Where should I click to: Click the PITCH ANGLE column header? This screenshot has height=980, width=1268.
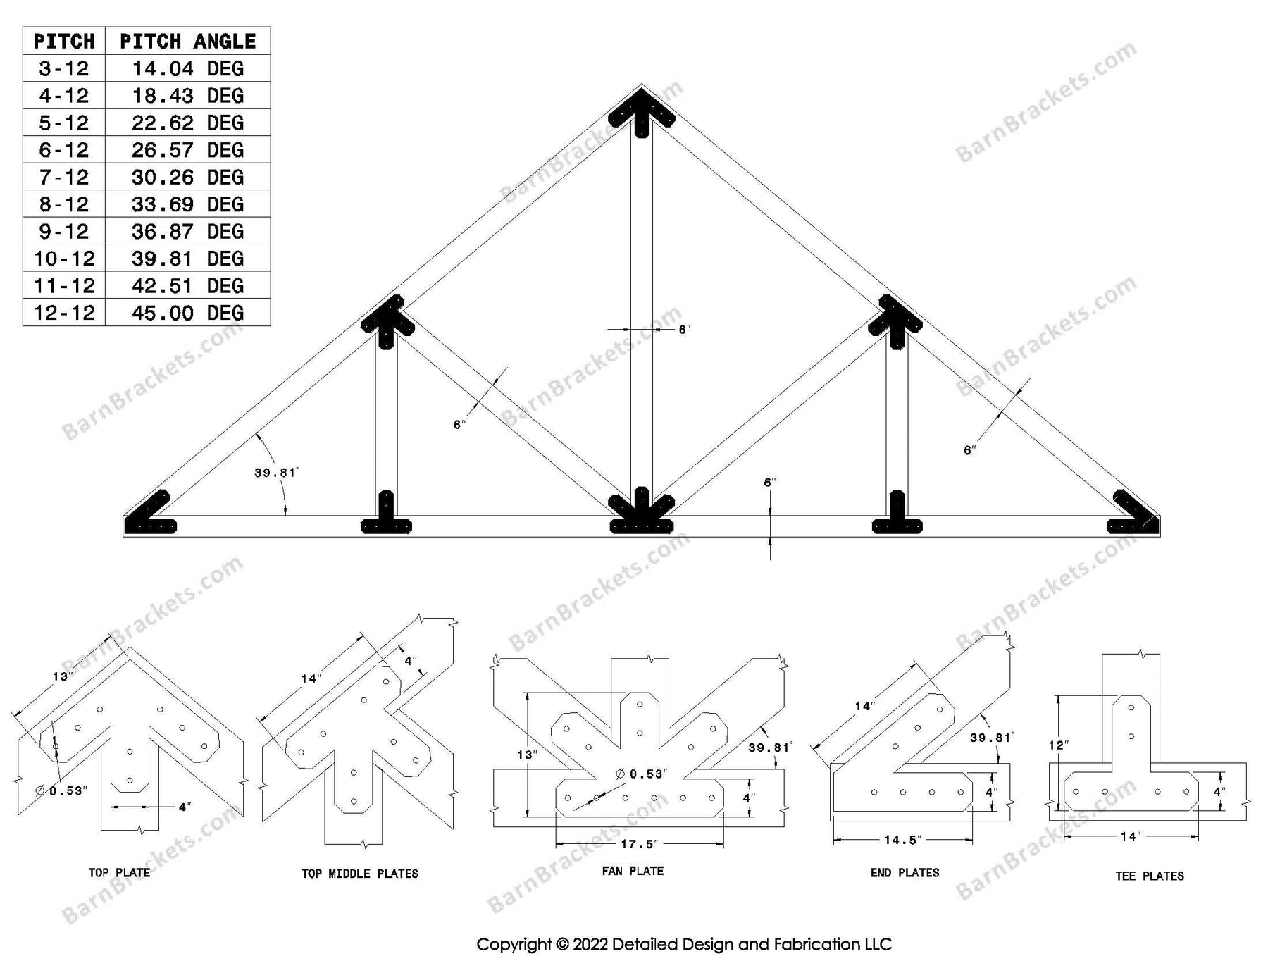click(187, 42)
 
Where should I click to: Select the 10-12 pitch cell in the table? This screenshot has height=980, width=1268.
click(64, 259)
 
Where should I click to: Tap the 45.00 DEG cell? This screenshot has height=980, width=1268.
click(187, 313)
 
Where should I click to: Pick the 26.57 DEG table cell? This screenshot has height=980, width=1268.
click(187, 150)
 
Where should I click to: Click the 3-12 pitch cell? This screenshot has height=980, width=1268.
click(64, 69)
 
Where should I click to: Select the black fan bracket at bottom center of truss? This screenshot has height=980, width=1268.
click(641, 513)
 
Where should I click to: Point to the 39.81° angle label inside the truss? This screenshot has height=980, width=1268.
click(275, 473)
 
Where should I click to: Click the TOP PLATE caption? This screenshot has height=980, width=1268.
click(119, 873)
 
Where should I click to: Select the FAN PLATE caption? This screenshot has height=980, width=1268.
click(633, 872)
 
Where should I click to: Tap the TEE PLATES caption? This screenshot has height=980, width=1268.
click(1150, 876)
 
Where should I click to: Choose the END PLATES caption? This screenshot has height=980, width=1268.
click(905, 873)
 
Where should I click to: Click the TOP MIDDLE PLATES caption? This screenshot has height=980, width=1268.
click(360, 874)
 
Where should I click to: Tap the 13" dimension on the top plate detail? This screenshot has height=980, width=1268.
click(62, 677)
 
